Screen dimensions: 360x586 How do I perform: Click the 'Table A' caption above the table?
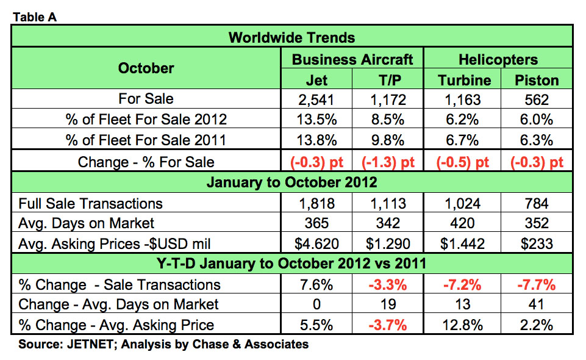pos(34,17)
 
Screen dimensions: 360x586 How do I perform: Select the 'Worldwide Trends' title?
pos(291,38)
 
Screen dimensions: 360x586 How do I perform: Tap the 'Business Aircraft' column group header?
pos(352,59)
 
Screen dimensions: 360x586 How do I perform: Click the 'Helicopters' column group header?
pos(499,59)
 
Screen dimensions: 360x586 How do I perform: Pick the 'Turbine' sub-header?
pos(464,81)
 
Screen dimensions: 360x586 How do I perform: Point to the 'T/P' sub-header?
pos(390,81)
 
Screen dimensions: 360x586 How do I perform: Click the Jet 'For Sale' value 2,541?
pos(316,99)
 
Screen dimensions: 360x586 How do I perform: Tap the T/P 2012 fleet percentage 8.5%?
pos(390,120)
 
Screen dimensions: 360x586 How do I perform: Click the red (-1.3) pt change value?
pos(390,162)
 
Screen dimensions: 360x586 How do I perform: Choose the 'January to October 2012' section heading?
pos(291,182)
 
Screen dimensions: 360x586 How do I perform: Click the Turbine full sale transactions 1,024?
pos(464,203)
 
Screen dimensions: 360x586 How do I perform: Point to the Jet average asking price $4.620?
pos(316,244)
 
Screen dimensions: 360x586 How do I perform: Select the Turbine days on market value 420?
pos(464,223)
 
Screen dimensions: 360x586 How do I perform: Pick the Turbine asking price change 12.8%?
pos(464,325)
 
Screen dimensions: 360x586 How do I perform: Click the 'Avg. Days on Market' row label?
pos(87,223)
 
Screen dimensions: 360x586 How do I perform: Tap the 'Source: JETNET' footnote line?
pos(163,344)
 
